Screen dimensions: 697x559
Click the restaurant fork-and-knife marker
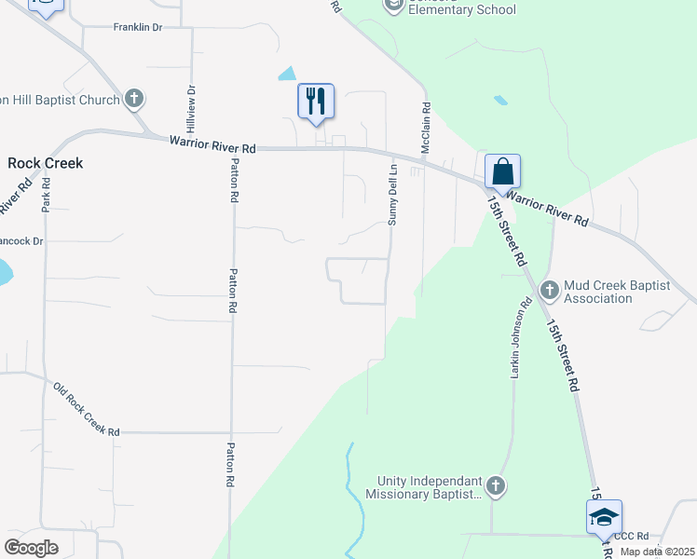(x=316, y=101)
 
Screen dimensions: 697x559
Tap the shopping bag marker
(x=502, y=171)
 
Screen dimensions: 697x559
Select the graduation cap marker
(x=604, y=517)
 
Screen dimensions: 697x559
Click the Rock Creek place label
(x=45, y=163)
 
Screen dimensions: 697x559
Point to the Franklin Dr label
(x=138, y=28)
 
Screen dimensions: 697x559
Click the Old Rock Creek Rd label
(x=86, y=410)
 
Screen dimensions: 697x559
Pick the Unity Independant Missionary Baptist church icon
(x=496, y=485)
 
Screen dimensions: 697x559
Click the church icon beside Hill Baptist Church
(x=134, y=99)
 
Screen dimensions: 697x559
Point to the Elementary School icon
(x=393, y=6)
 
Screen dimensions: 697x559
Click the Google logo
(x=31, y=547)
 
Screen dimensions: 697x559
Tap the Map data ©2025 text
(x=658, y=552)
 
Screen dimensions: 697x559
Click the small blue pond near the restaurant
(x=287, y=73)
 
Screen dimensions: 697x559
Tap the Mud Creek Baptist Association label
(x=611, y=292)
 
